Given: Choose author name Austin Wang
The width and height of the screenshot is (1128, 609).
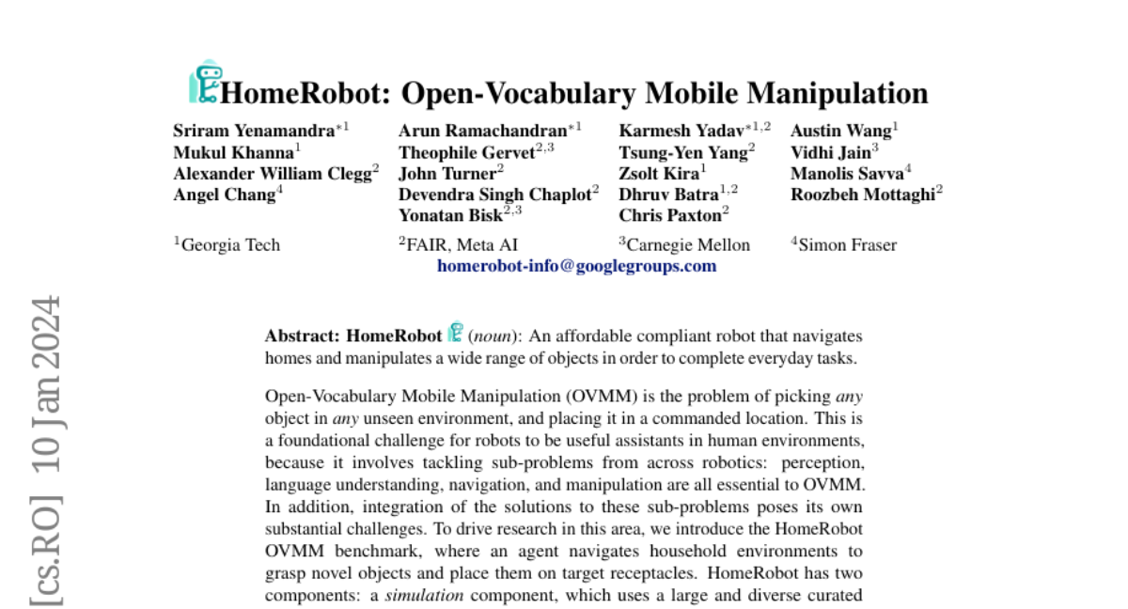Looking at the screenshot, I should [840, 131].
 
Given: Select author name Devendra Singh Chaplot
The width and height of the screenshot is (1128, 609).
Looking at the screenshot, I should [493, 194].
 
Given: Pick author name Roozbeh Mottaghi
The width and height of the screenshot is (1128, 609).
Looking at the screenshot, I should [862, 194].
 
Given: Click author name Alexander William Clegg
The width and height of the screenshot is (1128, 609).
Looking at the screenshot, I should [272, 173].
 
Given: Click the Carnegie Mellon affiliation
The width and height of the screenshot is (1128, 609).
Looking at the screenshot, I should [688, 245].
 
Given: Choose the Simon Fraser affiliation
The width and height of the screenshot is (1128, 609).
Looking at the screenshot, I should [847, 245].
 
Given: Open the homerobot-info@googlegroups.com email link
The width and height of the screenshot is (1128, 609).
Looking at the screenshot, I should [576, 266].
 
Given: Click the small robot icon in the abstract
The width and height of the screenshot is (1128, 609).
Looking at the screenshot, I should [456, 333].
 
